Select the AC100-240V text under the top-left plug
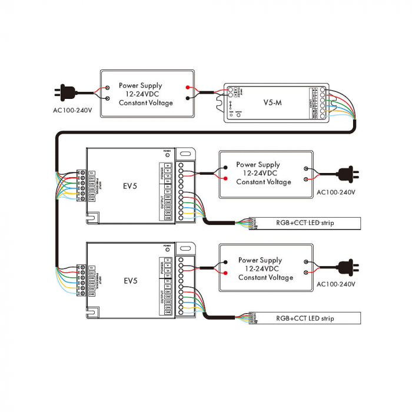72,110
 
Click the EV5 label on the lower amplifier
130,280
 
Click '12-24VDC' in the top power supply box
145,94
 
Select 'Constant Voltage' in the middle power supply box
263,182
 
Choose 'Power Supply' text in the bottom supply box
260,260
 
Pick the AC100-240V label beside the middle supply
336,192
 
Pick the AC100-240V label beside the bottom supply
336,284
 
